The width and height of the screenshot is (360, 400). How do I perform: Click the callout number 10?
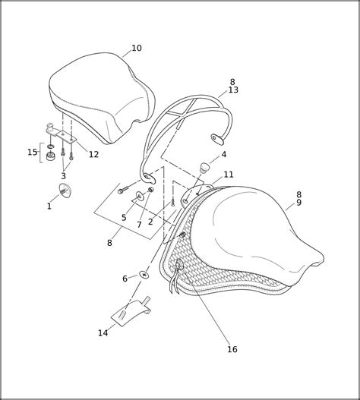(x=137, y=48)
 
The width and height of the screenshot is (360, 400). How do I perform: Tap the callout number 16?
(x=232, y=349)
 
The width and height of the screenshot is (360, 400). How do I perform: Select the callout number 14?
(x=103, y=333)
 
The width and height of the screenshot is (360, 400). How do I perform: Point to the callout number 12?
(x=93, y=154)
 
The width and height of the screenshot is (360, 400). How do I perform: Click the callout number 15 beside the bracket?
(x=33, y=153)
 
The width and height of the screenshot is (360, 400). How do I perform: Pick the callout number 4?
(x=224, y=154)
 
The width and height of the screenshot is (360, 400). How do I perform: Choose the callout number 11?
(x=229, y=175)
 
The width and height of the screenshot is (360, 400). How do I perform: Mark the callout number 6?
(x=125, y=279)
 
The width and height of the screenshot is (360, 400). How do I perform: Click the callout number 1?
(x=49, y=206)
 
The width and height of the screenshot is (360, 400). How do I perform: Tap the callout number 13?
(x=233, y=90)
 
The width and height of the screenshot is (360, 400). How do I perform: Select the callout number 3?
(x=63, y=176)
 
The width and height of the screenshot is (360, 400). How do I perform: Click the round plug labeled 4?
(x=204, y=168)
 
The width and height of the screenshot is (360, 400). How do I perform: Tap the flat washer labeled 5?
(x=140, y=196)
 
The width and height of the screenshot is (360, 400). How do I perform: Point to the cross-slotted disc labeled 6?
(x=144, y=275)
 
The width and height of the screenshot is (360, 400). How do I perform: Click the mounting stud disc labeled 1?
(x=65, y=191)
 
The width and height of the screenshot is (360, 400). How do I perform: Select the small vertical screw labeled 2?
(x=173, y=203)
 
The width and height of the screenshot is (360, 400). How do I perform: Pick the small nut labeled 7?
(x=151, y=190)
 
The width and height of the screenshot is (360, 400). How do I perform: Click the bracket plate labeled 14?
(x=131, y=312)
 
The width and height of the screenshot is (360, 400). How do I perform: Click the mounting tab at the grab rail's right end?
(x=217, y=139)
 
